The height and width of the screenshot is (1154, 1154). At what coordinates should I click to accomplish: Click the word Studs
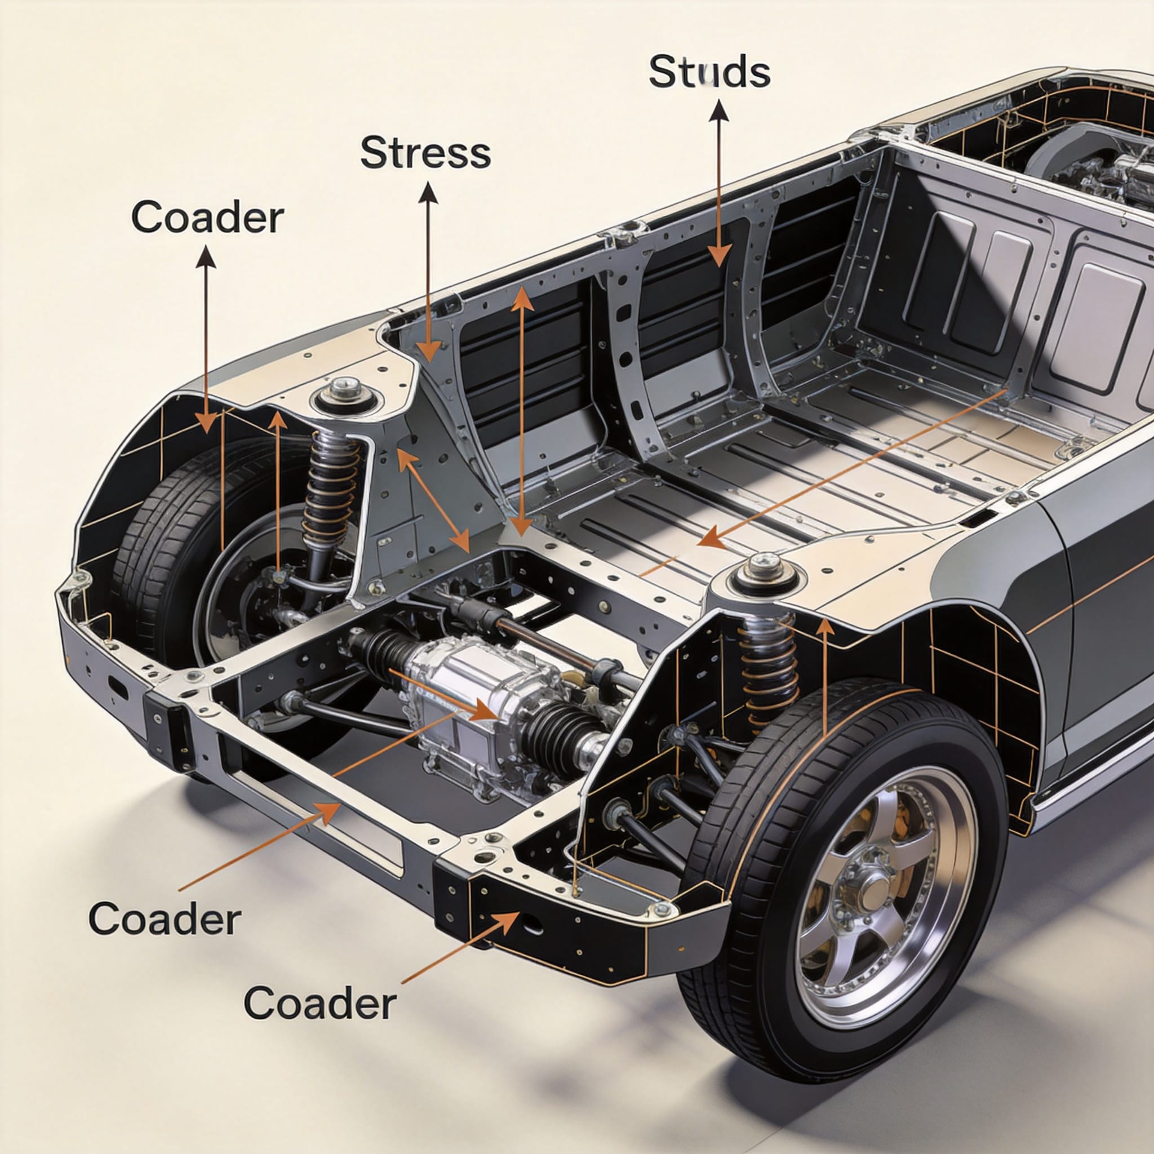point(709,72)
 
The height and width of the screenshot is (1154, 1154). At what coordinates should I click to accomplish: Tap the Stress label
point(425,152)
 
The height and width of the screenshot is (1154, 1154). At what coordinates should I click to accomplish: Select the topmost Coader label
point(207,218)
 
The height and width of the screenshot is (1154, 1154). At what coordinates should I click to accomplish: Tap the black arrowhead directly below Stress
point(428,193)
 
